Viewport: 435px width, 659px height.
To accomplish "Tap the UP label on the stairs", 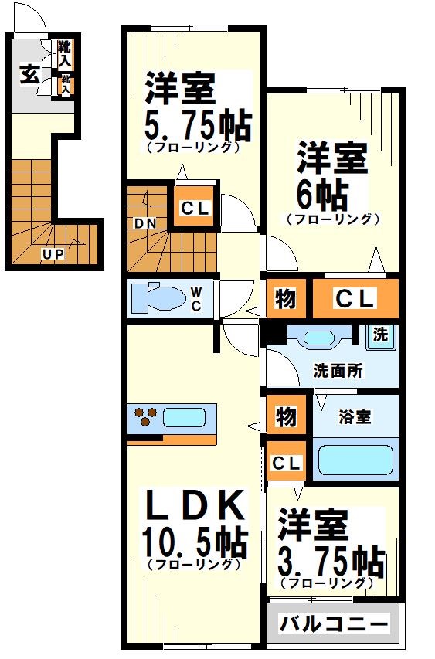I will click(x=53, y=253).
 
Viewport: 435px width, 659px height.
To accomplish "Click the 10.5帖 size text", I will click(x=194, y=543).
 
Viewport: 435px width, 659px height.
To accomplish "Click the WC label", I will click(x=196, y=298).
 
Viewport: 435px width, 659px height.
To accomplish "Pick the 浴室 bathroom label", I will click(x=355, y=416).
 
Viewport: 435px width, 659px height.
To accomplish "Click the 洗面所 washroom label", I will click(x=338, y=369).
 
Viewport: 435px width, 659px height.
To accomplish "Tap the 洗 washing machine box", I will click(x=380, y=336).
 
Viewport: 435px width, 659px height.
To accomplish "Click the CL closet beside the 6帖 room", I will click(x=355, y=298).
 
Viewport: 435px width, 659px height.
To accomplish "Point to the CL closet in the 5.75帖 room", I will click(x=194, y=207).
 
